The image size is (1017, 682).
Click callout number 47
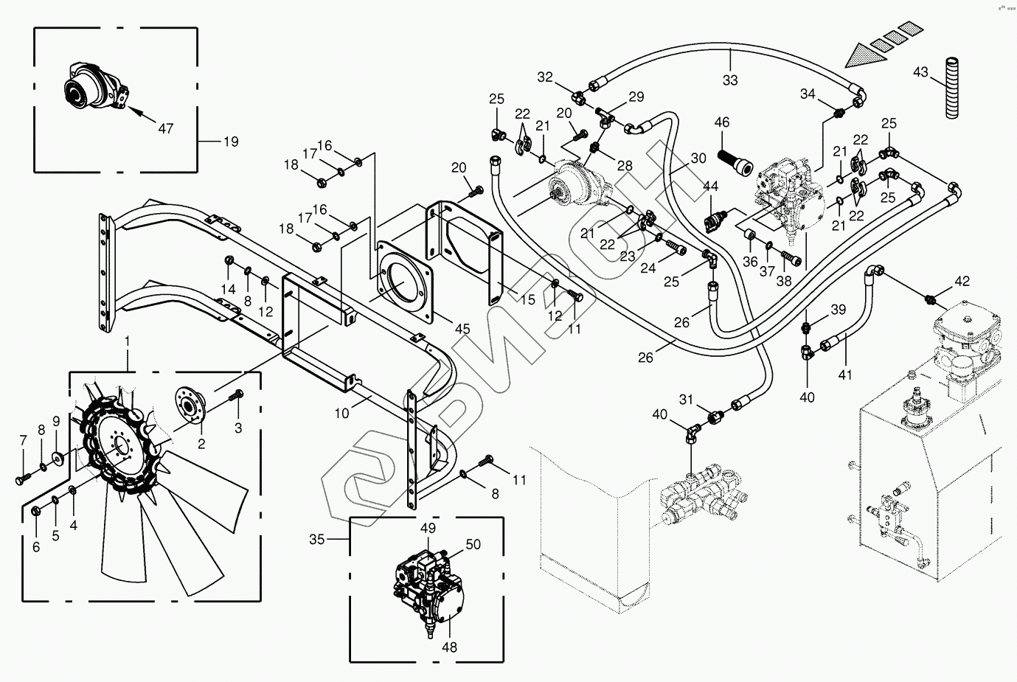coord(166,128)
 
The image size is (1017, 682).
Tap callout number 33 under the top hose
coord(730,80)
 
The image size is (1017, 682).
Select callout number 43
coord(920,72)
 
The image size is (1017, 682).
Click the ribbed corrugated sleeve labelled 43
coord(953,88)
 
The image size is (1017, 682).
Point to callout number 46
coord(722,122)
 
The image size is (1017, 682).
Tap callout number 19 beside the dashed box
coord(231,142)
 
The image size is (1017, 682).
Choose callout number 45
coord(462,329)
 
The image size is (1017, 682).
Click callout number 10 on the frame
coord(342,413)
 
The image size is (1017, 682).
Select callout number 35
coord(317,539)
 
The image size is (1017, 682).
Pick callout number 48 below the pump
coord(449,647)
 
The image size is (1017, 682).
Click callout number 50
coord(473,544)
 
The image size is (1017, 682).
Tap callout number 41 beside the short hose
coord(845,375)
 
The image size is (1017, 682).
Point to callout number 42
coord(962,282)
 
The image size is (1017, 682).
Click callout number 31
coord(686,400)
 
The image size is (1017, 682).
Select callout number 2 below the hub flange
coord(201,444)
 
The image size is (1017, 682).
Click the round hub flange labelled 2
coord(190,405)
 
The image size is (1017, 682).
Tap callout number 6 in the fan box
coord(36,547)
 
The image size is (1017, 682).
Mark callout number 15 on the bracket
coord(528,300)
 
